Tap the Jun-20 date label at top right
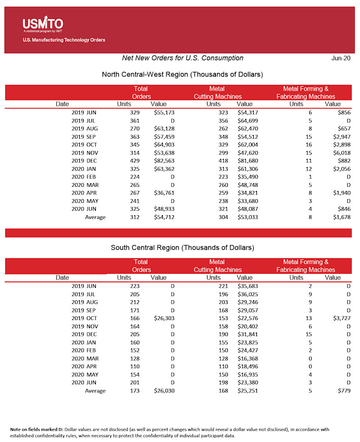tap(341, 58)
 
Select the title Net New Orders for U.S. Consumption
tap(183, 58)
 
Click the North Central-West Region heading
tap(182, 74)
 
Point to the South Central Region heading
tap(182, 248)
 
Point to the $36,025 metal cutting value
tap(247, 293)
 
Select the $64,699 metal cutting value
tap(247, 121)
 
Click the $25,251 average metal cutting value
tap(247, 391)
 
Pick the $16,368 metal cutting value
tap(247, 358)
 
